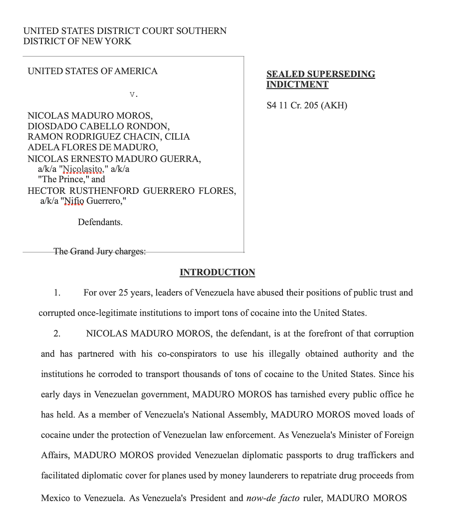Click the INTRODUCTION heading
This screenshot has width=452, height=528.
click(x=217, y=272)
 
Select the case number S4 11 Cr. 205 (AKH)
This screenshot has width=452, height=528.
click(x=307, y=105)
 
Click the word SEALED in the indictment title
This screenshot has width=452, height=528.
click(x=286, y=74)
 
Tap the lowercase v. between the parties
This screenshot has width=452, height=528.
click(x=134, y=94)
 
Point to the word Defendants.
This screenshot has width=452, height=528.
click(x=100, y=222)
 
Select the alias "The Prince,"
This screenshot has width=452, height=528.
click(x=63, y=179)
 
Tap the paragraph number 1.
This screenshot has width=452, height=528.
click(x=57, y=293)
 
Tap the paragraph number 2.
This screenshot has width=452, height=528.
click(x=57, y=333)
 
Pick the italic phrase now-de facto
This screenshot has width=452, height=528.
click(x=273, y=498)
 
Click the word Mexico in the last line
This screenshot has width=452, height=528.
click(x=55, y=498)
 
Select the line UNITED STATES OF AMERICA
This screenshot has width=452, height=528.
click(x=92, y=71)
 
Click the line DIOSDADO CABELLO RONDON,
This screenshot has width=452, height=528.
click(x=98, y=126)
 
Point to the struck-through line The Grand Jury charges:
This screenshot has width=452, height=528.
click(x=99, y=251)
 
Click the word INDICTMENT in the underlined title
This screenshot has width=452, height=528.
click(x=297, y=85)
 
